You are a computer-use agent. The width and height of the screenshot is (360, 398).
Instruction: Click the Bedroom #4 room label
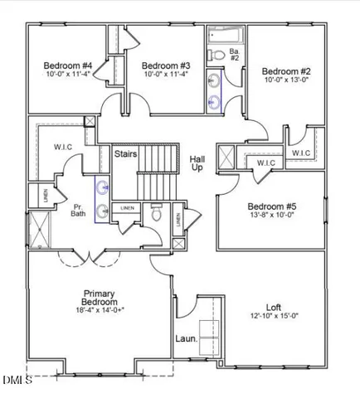click(67, 66)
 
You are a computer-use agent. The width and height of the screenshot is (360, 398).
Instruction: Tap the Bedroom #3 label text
click(166, 66)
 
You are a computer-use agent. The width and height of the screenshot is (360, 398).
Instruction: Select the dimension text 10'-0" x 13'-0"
click(286, 80)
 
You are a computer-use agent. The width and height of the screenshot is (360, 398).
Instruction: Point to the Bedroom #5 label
click(271, 206)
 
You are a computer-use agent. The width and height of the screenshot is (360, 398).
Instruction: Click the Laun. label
click(186, 338)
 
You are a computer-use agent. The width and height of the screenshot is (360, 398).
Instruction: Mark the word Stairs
click(125, 153)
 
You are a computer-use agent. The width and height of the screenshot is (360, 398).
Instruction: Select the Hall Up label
click(197, 163)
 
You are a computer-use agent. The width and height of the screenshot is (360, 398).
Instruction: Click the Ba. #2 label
click(234, 55)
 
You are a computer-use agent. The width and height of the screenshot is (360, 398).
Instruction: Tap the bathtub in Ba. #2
click(224, 35)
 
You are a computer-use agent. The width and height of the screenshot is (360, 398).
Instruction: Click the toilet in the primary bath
click(156, 214)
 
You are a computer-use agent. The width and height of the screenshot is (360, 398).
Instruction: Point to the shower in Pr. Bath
click(37, 230)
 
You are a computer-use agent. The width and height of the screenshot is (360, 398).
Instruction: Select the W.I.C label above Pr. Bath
click(64, 147)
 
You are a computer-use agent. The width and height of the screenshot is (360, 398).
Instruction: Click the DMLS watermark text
click(17, 381)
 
